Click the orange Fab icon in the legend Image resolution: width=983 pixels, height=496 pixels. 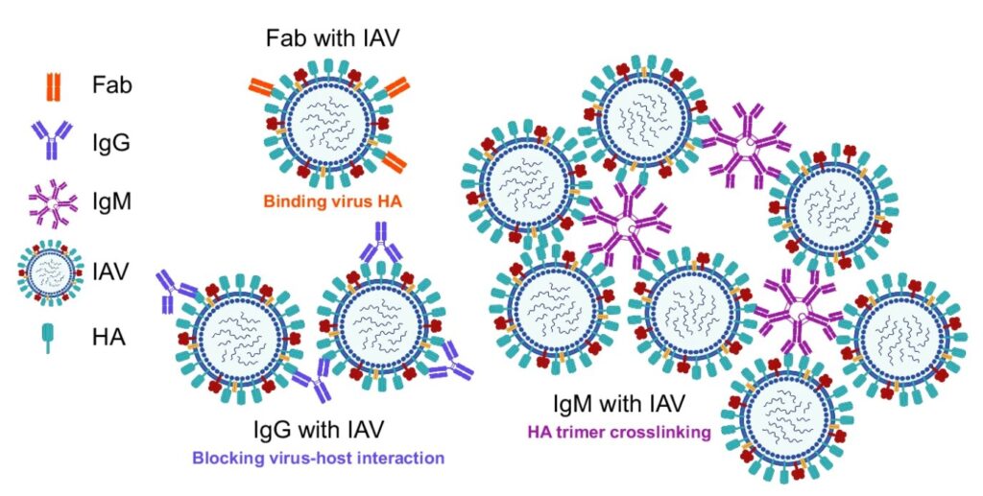54,87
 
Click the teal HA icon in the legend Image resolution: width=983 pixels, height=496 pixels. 48,338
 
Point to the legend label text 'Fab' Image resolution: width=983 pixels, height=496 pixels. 112,84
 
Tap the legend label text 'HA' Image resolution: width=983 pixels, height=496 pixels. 109,338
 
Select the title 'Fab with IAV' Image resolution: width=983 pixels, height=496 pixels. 333,38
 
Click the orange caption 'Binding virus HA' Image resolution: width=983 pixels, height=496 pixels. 332,202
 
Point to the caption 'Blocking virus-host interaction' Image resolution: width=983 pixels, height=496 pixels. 319,458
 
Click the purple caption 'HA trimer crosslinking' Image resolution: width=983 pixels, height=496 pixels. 619,432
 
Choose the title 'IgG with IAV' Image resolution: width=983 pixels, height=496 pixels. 319,430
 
